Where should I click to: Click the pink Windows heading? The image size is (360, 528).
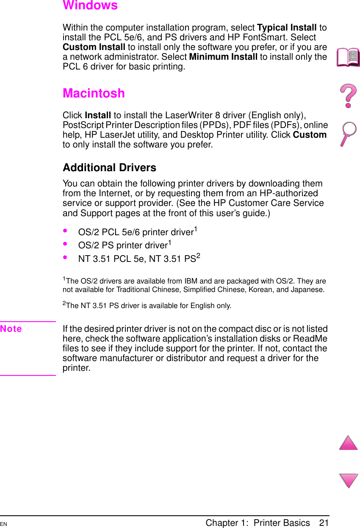coord(90,6)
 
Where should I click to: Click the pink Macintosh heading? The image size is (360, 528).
coord(94,93)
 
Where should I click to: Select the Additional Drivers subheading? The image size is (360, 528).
coord(109,167)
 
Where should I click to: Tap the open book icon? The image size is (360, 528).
coord(348,57)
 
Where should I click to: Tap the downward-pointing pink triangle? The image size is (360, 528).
coord(349,481)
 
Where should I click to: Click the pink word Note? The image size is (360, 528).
coord(11,329)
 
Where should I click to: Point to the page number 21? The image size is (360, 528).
coord(324,523)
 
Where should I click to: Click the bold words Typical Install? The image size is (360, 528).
coord(287,28)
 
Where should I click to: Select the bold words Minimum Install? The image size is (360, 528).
coord(223,57)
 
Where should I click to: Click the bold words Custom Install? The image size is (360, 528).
coord(94,47)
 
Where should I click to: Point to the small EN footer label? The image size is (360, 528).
coord(3,525)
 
